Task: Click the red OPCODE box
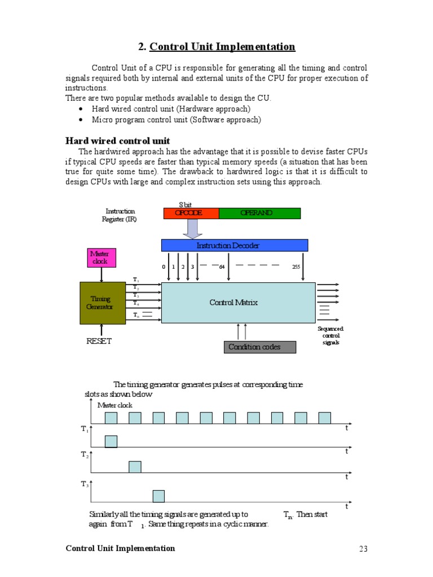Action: (191, 213)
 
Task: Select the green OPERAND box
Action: (259, 213)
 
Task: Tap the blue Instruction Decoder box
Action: (235, 245)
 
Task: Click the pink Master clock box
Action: (101, 258)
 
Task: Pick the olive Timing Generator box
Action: (102, 303)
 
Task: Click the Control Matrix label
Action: (233, 303)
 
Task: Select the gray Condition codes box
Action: (259, 347)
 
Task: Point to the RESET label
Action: (99, 341)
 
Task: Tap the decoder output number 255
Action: (296, 267)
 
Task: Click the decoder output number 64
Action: (222, 267)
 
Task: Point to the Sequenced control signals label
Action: (330, 335)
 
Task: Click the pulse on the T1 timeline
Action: (111, 441)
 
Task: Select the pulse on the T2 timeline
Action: (135, 467)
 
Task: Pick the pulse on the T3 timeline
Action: (158, 496)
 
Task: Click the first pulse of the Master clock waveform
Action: (111, 418)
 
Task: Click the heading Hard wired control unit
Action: (118, 140)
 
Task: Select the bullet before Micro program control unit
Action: (82, 120)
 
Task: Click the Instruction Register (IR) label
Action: (120, 215)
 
